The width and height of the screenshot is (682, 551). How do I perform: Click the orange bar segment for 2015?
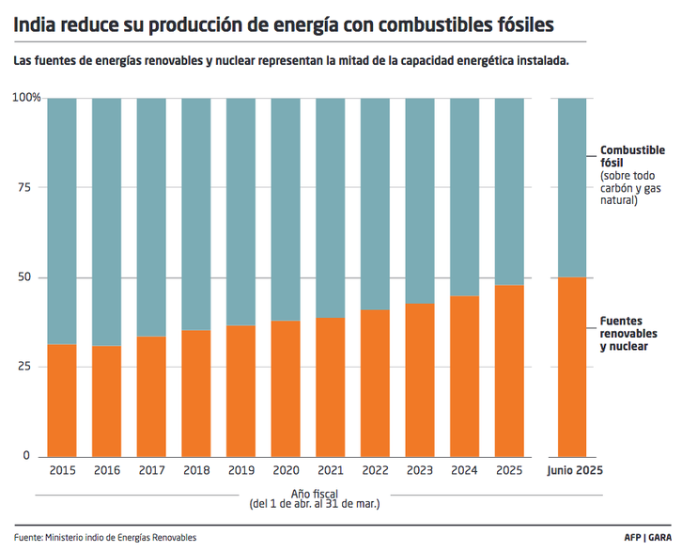[62, 400]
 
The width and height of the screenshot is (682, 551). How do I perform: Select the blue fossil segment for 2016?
[107, 221]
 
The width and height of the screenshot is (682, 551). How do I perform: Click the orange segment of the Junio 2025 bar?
[572, 367]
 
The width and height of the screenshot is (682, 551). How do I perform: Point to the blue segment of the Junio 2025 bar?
[572, 187]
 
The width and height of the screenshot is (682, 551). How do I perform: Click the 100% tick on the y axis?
[25, 98]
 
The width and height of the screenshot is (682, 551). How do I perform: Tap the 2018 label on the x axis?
[196, 469]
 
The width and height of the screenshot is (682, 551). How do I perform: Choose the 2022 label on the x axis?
[375, 469]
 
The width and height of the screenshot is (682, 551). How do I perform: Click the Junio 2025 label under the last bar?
[574, 469]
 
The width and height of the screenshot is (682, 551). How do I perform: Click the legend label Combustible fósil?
[632, 156]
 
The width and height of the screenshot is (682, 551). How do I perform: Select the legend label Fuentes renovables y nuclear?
[628, 334]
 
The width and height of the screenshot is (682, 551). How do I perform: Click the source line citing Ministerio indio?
[105, 538]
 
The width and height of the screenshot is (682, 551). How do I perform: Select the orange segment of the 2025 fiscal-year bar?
[509, 370]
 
